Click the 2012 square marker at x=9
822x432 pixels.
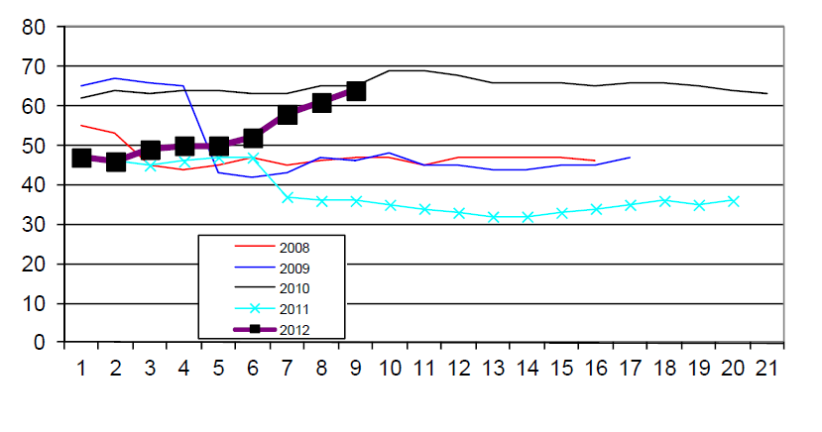point(356,91)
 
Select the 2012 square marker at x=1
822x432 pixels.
point(81,158)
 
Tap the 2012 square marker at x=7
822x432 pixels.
point(288,115)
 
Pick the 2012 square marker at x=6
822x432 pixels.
point(253,139)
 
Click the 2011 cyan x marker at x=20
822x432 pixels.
point(734,200)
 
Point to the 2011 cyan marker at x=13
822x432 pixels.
point(494,216)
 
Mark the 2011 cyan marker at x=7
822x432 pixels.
point(288,197)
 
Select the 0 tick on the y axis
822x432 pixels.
point(41,342)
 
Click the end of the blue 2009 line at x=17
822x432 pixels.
point(631,157)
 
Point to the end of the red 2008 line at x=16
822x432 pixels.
point(596,161)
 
